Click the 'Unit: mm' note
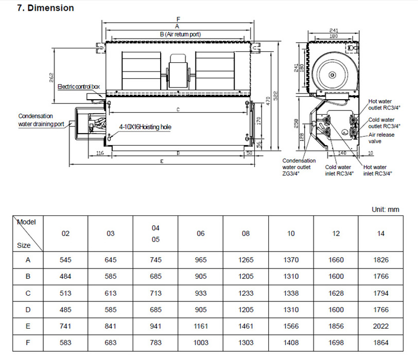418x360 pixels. coord(385,209)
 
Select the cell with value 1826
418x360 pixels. coord(380,260)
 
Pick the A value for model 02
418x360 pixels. coord(65,260)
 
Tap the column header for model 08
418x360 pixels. coord(246,233)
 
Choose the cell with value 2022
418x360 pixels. coord(380,326)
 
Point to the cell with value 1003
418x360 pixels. coord(201,343)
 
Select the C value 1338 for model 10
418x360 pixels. coord(291,293)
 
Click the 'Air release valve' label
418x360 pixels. coord(381,138)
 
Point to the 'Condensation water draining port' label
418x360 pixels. coord(41,120)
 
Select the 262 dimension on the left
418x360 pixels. coord(51,77)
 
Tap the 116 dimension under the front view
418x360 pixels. coord(100,153)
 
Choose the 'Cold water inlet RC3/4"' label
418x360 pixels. coord(338,170)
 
